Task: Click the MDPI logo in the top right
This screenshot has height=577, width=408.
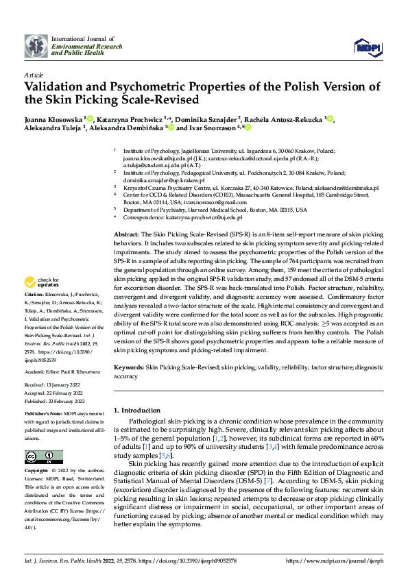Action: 367,47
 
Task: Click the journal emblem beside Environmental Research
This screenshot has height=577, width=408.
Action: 36,46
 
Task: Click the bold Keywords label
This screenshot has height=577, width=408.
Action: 129,368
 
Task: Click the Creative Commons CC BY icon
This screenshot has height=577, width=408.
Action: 43,457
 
